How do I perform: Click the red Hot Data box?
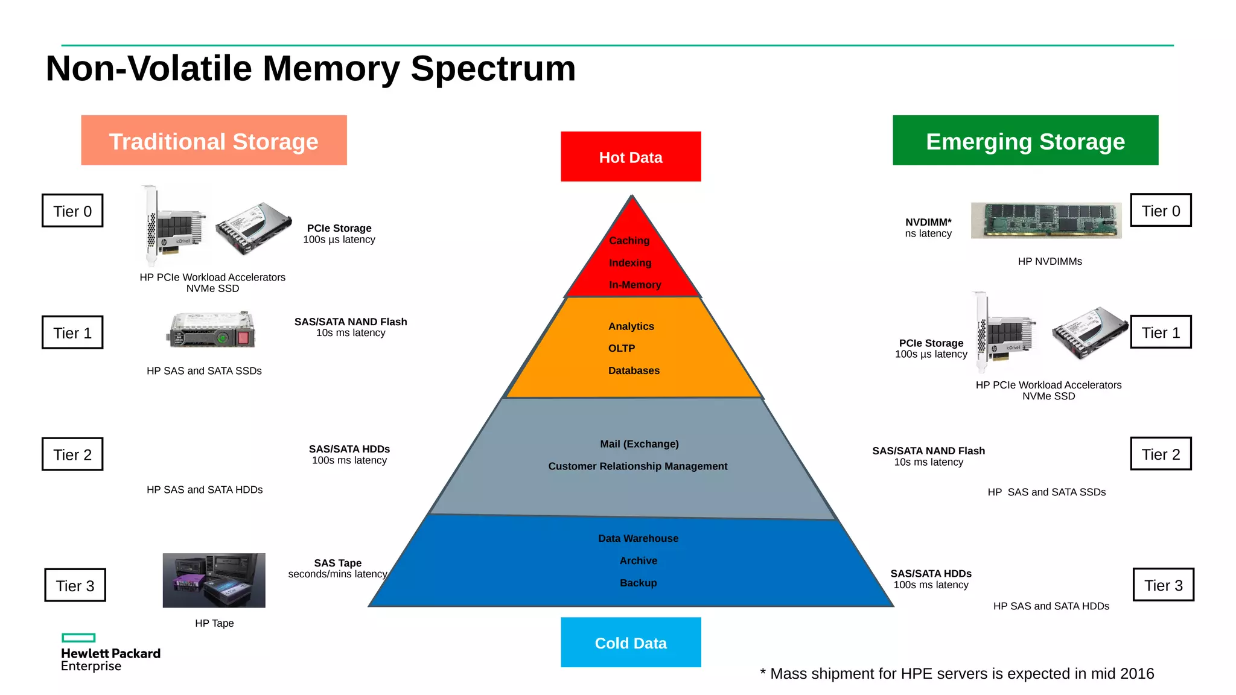click(x=631, y=157)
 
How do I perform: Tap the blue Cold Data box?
click(x=631, y=643)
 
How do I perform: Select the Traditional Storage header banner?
click(x=214, y=141)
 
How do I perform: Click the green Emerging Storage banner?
click(x=1025, y=141)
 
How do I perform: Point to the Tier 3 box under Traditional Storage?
click(x=75, y=585)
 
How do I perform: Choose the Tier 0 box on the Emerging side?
click(x=1161, y=211)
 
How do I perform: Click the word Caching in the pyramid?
click(x=629, y=241)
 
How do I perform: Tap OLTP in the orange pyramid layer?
click(x=621, y=349)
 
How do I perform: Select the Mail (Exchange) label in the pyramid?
click(x=639, y=444)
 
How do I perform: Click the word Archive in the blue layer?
click(x=638, y=561)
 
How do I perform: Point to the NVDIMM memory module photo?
click(x=1046, y=220)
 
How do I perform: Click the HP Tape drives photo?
click(x=214, y=580)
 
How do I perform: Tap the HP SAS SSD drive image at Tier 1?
click(x=211, y=330)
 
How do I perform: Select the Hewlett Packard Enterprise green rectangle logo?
click(x=78, y=638)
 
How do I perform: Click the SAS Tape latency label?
click(x=337, y=568)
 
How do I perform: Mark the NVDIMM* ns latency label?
click(x=928, y=228)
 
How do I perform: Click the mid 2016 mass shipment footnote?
click(x=957, y=674)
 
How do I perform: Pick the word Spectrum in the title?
click(x=493, y=68)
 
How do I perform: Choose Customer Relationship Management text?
click(x=637, y=466)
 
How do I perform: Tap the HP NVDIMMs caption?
click(x=1050, y=262)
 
